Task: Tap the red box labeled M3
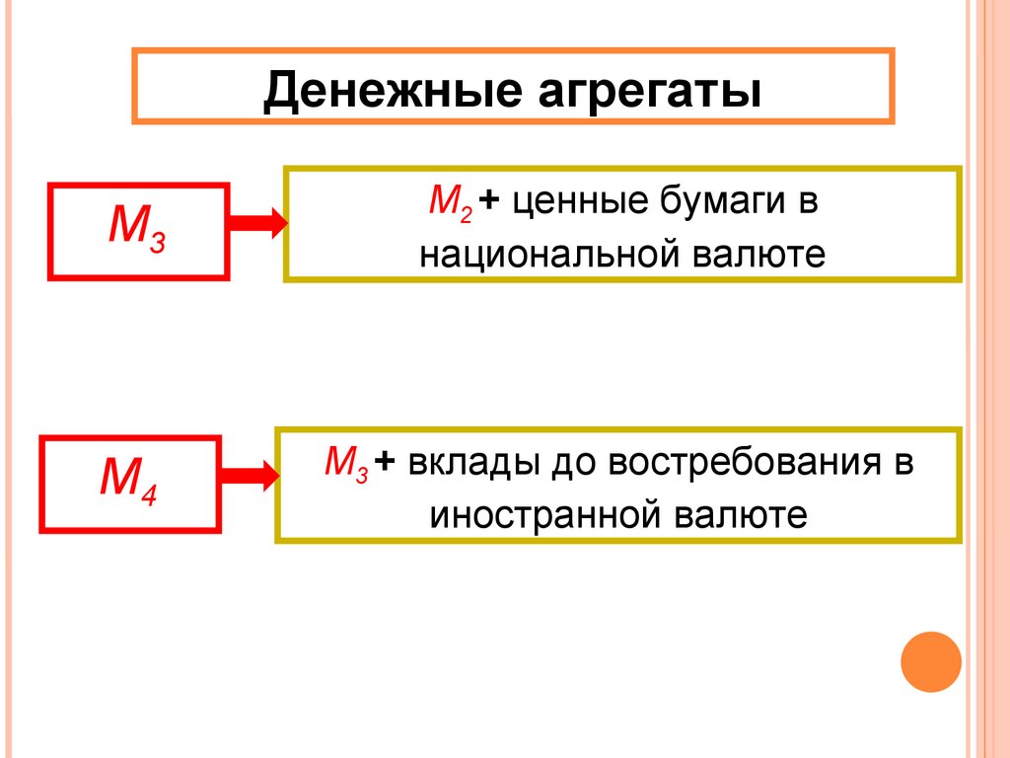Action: click(x=137, y=231)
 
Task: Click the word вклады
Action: click(x=469, y=463)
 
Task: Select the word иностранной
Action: click(x=539, y=514)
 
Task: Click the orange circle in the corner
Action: click(x=931, y=660)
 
